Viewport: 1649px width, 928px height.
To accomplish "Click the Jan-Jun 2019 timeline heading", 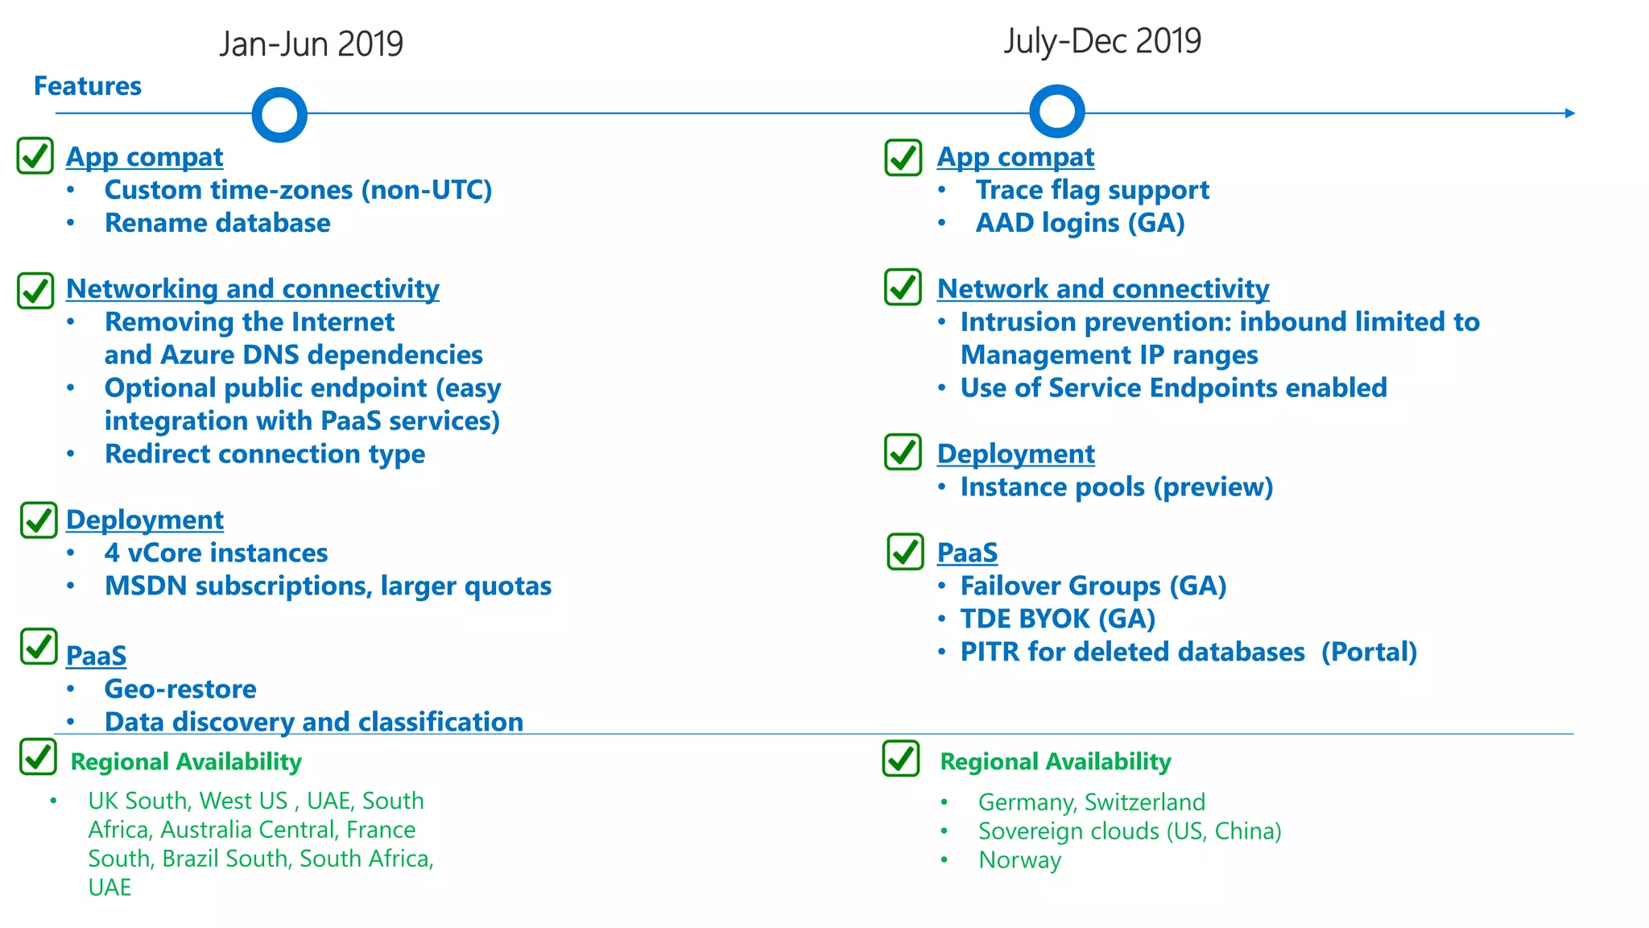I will (311, 43).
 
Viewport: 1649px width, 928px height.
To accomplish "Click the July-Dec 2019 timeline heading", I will (1101, 40).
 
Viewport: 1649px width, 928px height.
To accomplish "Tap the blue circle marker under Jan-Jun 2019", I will (279, 114).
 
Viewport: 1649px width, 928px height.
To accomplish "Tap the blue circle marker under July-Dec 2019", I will (1056, 111).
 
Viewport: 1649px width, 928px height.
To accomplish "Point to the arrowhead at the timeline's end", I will (1569, 113).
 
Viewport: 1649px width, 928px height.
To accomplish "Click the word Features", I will (87, 86).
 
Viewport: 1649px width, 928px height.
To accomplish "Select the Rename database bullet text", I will (217, 223).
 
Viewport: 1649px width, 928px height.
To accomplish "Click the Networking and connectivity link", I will (252, 288).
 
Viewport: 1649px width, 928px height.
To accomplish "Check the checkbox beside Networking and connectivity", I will (35, 290).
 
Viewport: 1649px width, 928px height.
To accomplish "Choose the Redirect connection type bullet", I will (264, 454).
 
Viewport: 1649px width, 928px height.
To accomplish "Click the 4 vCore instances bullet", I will (216, 553).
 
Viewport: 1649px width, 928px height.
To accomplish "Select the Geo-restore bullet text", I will (180, 690).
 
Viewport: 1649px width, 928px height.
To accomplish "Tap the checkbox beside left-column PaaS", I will (39, 647).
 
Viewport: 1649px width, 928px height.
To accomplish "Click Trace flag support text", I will (1092, 190).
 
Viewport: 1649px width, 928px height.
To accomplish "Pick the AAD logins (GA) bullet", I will (1080, 223).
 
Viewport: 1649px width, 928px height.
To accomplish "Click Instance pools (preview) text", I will (1116, 487).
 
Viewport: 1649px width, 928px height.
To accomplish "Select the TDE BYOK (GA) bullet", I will (1057, 619).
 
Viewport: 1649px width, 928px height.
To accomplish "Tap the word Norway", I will (1019, 860).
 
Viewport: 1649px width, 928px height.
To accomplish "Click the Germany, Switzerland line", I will (1091, 802).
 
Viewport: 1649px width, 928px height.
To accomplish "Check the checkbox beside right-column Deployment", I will (903, 452).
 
